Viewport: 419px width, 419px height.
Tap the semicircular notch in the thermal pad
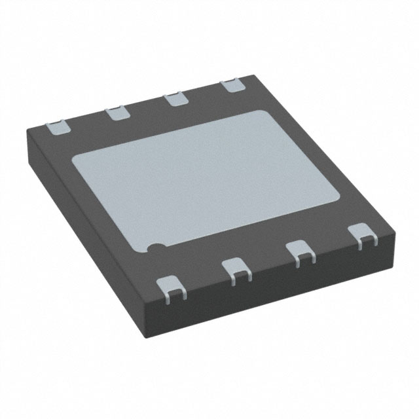coord(156,248)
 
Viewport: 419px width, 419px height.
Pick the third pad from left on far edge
coord(174,99)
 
